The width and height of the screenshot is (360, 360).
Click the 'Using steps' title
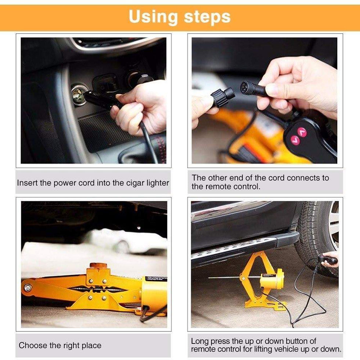180,17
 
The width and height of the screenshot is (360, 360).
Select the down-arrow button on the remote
294,139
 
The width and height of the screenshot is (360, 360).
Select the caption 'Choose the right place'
60,345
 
